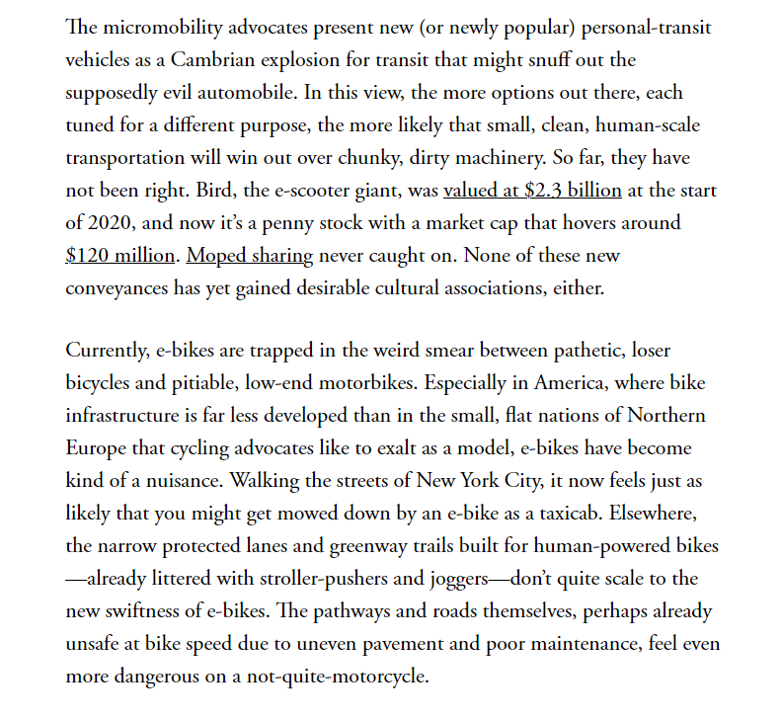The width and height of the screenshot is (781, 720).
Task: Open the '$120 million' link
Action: point(121,255)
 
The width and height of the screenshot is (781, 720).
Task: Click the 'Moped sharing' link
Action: point(250,255)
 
